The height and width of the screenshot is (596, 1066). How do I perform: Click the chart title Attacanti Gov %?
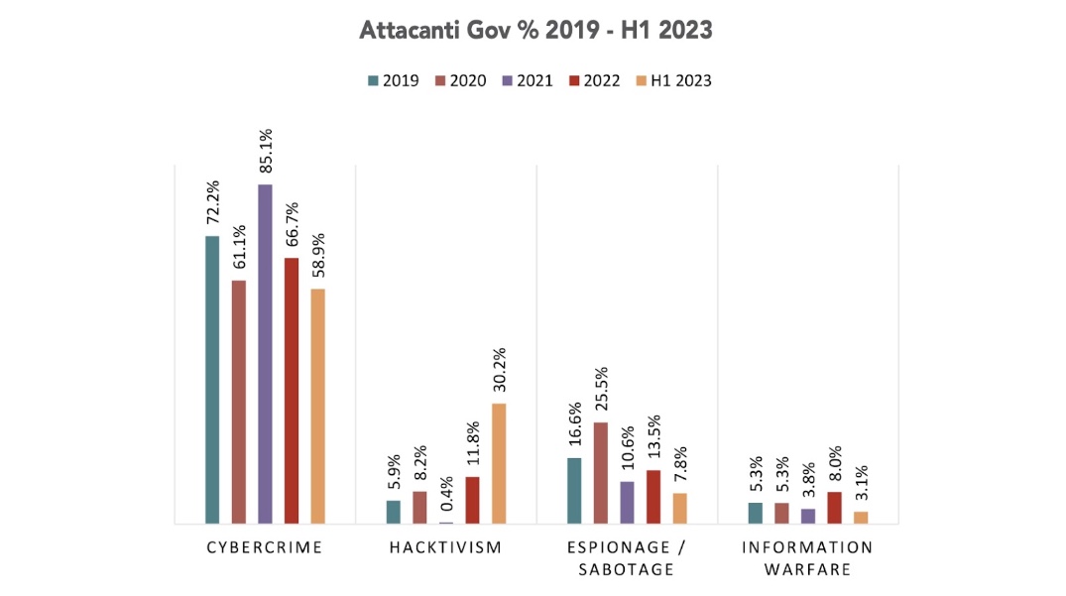tap(534, 31)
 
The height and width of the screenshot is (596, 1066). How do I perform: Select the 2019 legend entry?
tap(393, 80)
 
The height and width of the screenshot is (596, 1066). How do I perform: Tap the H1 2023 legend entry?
tap(673, 80)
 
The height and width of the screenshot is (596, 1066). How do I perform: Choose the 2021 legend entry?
tap(527, 80)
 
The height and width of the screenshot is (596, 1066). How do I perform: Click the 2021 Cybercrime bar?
tap(265, 353)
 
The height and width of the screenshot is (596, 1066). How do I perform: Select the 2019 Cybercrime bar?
tap(212, 379)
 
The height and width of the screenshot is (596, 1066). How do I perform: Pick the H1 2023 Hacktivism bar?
tap(499, 463)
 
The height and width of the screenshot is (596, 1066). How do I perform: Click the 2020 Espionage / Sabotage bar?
tap(601, 473)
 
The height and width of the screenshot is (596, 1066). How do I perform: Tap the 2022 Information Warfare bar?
tap(835, 507)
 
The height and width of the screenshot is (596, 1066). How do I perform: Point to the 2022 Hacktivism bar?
tap(472, 500)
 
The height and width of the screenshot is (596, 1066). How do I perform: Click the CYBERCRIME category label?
tap(265, 547)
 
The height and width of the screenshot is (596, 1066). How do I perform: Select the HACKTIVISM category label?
tap(446, 547)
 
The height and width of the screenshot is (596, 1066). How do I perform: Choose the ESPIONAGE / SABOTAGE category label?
tap(627, 558)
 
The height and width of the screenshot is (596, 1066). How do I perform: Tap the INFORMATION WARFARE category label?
tap(808, 558)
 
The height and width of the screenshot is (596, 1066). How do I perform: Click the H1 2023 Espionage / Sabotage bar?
tap(679, 508)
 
